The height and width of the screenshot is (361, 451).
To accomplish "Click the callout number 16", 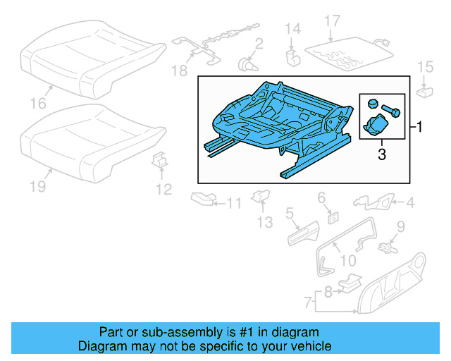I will (x=38, y=104).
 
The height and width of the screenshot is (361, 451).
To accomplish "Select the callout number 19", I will (x=38, y=186).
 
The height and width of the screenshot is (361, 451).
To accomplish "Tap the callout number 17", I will (x=332, y=21).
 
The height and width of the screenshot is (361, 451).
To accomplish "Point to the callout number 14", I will (x=292, y=28).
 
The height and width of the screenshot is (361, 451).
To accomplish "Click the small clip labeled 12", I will (x=160, y=160).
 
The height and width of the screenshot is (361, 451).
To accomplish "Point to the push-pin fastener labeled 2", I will (x=247, y=64).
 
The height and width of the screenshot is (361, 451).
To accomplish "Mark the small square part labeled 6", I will (x=331, y=218).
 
